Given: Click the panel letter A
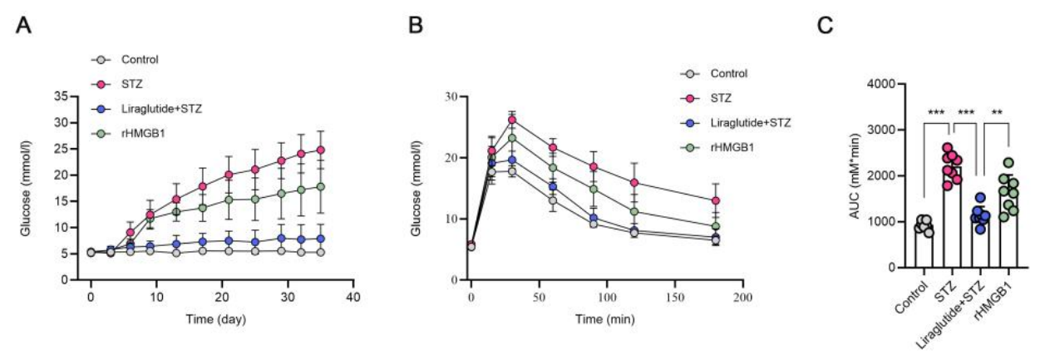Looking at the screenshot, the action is click(x=23, y=25).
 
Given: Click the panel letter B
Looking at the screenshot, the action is click(x=416, y=25).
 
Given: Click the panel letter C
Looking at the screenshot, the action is click(x=825, y=25).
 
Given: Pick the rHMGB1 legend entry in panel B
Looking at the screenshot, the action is click(x=717, y=148).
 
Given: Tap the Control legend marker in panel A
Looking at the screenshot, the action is click(x=101, y=60).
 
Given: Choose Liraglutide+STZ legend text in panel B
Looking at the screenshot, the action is click(x=751, y=123).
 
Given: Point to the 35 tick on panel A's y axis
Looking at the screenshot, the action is click(x=62, y=96).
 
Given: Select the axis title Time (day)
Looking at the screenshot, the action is click(x=216, y=319).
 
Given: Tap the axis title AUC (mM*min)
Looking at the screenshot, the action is click(x=855, y=175).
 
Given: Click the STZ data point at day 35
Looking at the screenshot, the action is click(x=320, y=150).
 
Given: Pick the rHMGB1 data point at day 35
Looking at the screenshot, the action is click(x=320, y=187).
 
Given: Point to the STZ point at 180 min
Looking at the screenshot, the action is click(x=716, y=200).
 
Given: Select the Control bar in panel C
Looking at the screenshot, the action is click(x=920, y=247).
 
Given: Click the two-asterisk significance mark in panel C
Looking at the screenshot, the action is click(x=998, y=112).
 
